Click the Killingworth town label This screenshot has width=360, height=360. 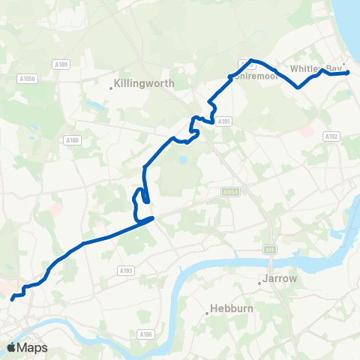[144, 84]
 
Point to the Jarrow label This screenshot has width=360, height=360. [279, 279]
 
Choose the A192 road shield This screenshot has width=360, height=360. [332, 136]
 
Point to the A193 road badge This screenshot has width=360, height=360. [126, 270]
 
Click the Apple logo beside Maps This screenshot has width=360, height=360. [11, 347]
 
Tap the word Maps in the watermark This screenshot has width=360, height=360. [32, 348]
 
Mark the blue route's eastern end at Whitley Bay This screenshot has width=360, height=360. [349, 73]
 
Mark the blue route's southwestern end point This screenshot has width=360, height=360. [12, 299]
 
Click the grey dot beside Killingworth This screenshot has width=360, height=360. [111, 88]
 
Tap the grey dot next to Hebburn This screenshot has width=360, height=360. [208, 313]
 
